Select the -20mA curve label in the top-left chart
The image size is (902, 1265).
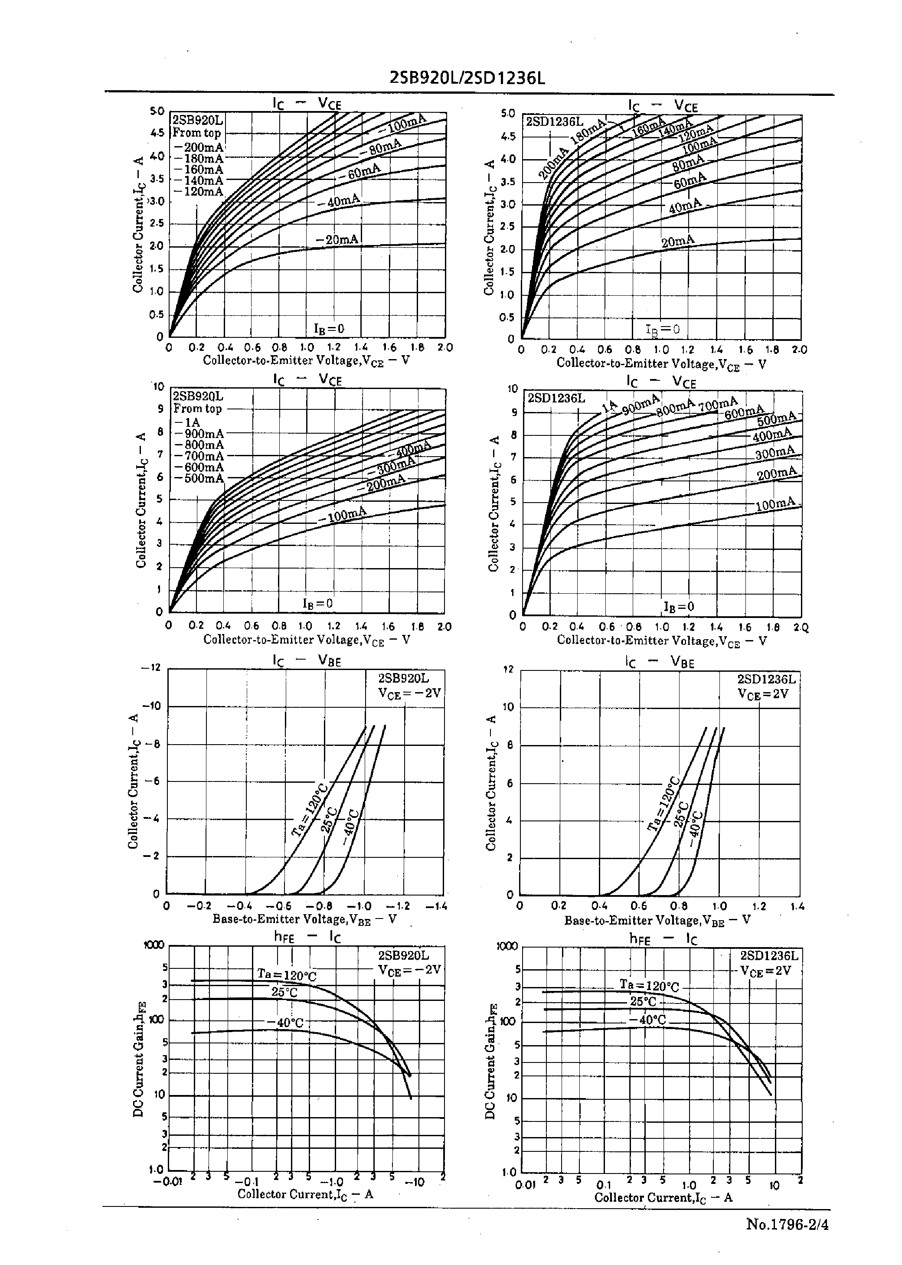337,240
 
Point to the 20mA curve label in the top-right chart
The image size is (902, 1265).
678,242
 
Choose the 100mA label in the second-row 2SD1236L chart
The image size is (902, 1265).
776,504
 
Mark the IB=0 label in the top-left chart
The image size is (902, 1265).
329,329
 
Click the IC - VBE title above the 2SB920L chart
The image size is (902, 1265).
307,660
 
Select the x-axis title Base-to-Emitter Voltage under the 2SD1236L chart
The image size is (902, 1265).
657,920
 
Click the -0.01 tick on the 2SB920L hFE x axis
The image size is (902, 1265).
167,1182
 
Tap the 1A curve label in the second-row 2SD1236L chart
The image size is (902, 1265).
611,406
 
